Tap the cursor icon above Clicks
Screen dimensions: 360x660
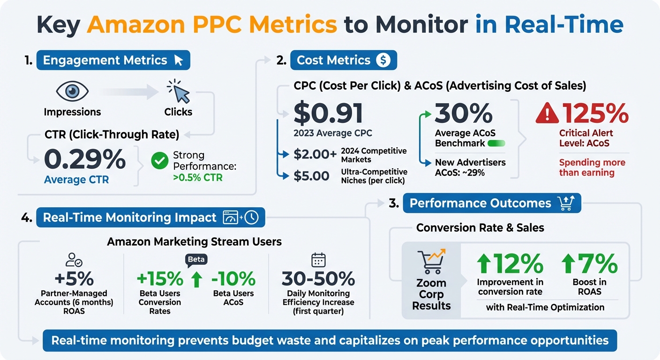[179, 91]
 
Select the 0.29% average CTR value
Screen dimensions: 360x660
[85, 160]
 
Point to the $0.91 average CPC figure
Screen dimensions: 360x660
[329, 113]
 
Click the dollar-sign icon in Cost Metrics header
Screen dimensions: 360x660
[383, 60]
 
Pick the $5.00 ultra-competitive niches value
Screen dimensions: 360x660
[312, 176]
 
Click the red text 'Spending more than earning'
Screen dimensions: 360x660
[592, 167]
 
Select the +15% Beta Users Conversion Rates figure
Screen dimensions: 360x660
[160, 279]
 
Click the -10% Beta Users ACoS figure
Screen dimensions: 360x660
[233, 279]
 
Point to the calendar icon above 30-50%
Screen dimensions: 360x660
[318, 260]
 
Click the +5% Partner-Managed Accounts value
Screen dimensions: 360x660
[74, 279]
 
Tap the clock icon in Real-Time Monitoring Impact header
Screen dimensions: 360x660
[252, 217]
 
